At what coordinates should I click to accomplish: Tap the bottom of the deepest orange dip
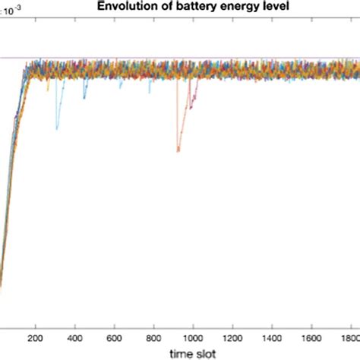coord(178,150)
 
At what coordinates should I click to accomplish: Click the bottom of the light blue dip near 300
coord(56,127)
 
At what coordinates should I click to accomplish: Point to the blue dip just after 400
coord(84,98)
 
